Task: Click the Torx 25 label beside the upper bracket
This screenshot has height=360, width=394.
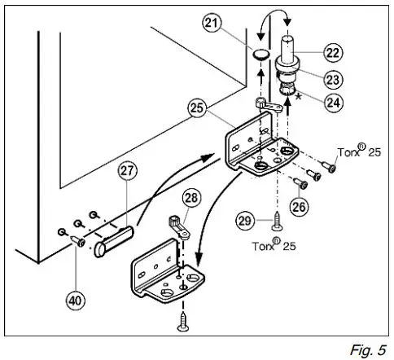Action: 361,152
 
